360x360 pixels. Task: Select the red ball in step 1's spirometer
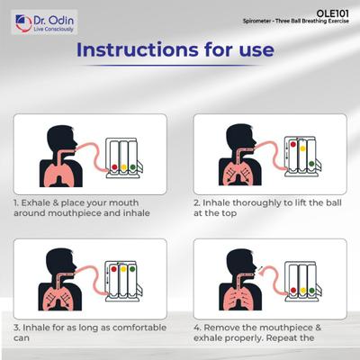114,167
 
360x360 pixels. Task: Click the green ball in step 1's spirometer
132,167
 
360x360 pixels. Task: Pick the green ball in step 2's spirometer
311,164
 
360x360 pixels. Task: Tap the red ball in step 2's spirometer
292,144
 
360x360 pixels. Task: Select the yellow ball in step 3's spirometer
123,268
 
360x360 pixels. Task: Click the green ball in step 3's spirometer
132,268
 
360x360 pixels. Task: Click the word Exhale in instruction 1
34,202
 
